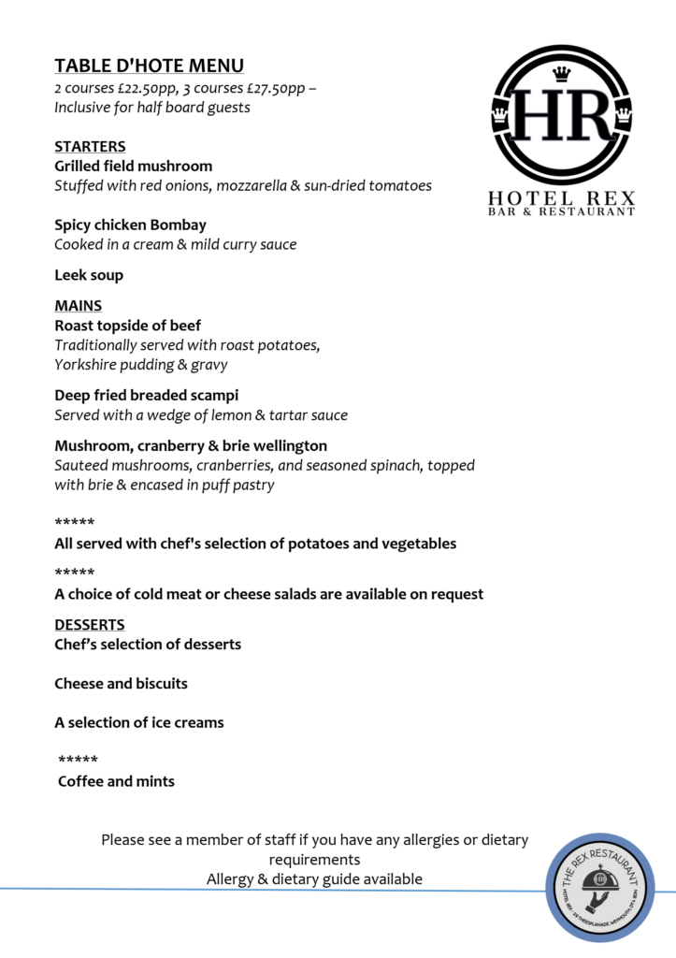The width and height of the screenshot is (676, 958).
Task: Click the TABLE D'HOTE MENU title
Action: click(x=149, y=65)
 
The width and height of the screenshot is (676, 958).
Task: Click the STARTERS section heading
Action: click(x=90, y=147)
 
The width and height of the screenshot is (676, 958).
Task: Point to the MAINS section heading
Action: click(x=79, y=306)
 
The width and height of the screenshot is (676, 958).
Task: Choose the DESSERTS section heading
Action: click(x=90, y=625)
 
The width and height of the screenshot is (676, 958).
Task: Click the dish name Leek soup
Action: click(x=89, y=275)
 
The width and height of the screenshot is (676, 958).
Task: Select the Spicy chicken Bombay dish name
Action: click(x=130, y=225)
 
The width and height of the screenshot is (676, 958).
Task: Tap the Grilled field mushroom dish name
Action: click(x=133, y=167)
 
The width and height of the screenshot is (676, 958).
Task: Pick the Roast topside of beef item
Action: click(x=127, y=326)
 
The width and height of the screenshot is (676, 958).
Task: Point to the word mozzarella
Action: click(x=248, y=186)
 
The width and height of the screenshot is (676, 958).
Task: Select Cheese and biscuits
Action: click(x=121, y=684)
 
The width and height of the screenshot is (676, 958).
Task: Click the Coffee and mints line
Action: click(x=116, y=781)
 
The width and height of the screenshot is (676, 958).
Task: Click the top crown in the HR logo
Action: click(x=562, y=73)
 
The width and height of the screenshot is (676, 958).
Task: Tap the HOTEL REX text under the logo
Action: click(x=561, y=198)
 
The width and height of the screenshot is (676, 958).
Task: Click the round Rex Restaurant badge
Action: click(x=599, y=886)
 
